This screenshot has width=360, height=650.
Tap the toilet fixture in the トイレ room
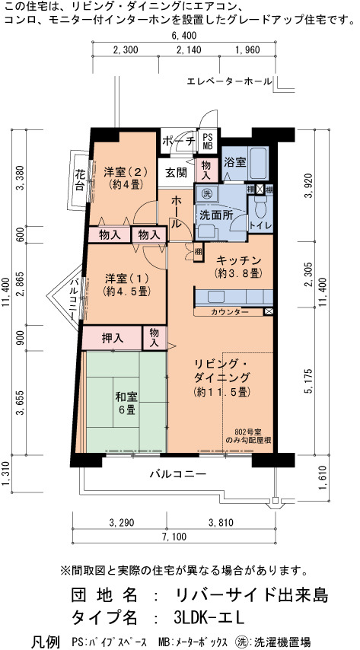click(x=260, y=206)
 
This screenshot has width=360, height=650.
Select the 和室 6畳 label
click(x=125, y=403)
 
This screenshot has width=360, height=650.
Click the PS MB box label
click(x=207, y=142)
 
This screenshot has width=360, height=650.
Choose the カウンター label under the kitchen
click(x=230, y=312)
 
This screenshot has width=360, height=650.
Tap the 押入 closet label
click(x=113, y=338)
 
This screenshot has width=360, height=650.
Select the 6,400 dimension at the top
click(x=183, y=36)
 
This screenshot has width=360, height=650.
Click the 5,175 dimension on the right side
click(x=308, y=380)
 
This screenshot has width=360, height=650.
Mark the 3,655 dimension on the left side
click(x=21, y=403)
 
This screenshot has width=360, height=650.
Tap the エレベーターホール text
click(x=230, y=81)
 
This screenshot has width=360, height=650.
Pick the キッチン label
click(x=239, y=260)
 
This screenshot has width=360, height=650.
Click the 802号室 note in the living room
click(x=247, y=431)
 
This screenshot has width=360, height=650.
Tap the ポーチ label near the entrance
click(x=179, y=142)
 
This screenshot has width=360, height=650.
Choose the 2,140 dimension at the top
click(x=189, y=50)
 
